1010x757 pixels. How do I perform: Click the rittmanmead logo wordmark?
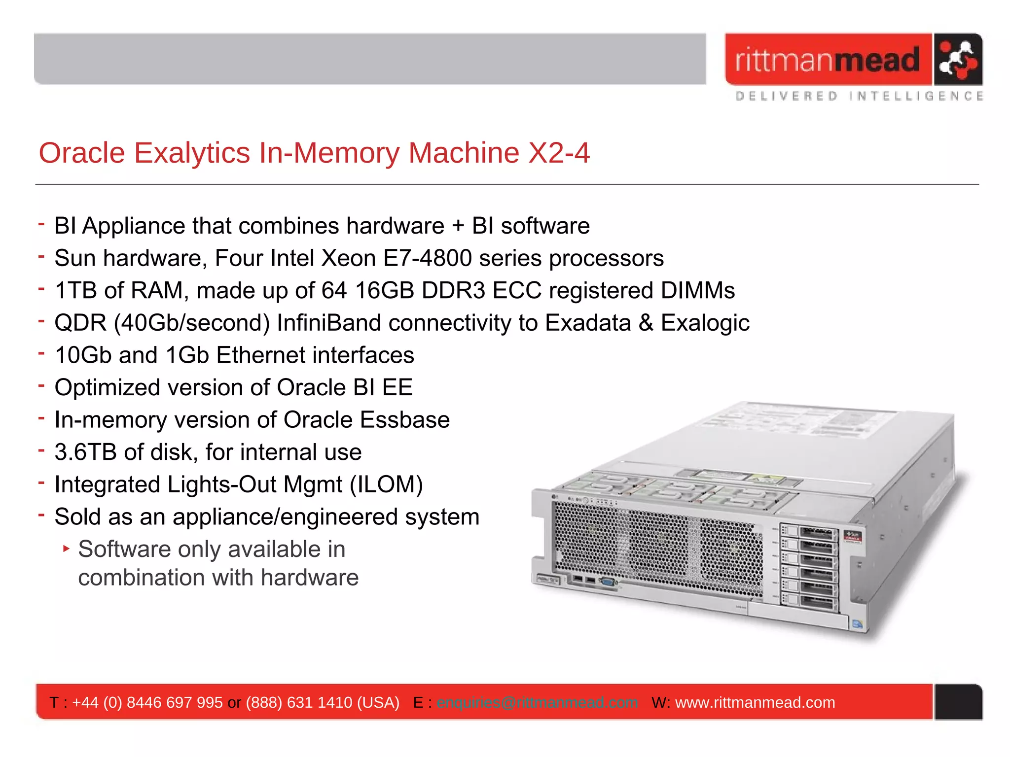[828, 60]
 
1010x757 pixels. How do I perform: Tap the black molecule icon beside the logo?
[957, 60]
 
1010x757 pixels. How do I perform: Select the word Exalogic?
[705, 323]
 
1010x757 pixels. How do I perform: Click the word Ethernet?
[260, 355]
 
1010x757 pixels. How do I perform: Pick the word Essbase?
[404, 420]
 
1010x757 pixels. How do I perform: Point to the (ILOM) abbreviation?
[386, 484]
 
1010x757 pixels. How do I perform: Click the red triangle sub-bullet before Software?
[67, 548]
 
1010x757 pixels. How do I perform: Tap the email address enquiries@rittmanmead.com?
[537, 702]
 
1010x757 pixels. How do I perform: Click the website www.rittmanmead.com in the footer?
[755, 702]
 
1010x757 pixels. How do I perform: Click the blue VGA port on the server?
[608, 582]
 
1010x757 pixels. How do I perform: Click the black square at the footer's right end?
[958, 702]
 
